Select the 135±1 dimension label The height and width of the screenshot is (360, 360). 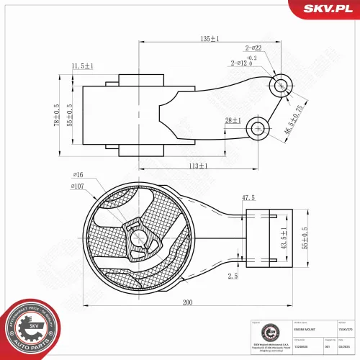pos(210,38)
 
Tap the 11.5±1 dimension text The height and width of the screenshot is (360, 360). pos(83,66)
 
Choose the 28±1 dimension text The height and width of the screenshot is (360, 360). pos(233,120)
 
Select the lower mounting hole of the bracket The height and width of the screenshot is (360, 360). pos(257,129)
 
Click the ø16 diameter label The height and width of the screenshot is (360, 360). pos(78,175)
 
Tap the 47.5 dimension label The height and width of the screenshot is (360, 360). pos(248,197)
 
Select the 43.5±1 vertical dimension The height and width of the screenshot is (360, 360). pos(284,239)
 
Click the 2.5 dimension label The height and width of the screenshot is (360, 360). pos(231,276)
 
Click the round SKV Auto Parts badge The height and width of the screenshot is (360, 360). pos(30,328)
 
